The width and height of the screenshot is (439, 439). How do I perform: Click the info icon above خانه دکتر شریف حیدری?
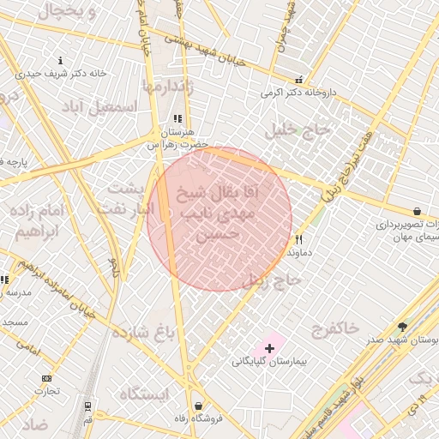click(x=60, y=61)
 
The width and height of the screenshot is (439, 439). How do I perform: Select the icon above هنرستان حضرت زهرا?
click(x=177, y=119)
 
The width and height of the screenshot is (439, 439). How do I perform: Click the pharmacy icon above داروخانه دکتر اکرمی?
click(x=298, y=80)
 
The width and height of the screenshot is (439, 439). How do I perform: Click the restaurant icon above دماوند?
click(x=298, y=240)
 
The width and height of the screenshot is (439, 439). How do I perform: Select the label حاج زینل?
click(x=272, y=280)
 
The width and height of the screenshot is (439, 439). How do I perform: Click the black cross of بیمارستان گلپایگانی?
click(x=270, y=348)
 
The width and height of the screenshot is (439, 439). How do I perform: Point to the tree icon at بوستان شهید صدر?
click(x=402, y=327)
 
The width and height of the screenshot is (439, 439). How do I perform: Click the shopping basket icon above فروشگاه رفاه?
click(x=199, y=406)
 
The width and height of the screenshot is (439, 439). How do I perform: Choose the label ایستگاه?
click(x=145, y=394)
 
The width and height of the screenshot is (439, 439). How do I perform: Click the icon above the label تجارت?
click(x=45, y=378)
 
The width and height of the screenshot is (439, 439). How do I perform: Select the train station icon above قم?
click(x=87, y=406)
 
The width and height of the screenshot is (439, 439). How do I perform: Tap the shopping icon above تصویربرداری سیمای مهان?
click(x=417, y=211)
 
